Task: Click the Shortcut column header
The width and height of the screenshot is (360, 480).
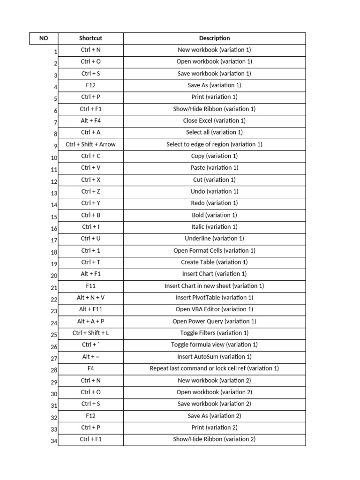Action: click(90, 38)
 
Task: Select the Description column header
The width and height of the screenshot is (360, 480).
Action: click(214, 38)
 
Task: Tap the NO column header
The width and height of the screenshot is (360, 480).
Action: click(44, 38)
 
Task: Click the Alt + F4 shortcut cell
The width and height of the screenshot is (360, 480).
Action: click(90, 120)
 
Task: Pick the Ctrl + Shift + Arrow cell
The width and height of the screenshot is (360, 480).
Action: click(90, 144)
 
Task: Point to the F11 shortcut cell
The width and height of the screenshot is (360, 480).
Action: click(90, 285)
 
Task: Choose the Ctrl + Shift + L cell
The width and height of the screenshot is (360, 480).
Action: click(90, 333)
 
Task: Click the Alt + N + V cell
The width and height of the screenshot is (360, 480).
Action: click(90, 297)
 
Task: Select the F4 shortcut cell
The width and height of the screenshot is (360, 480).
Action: click(90, 368)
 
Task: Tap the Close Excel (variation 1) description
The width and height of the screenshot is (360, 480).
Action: click(214, 120)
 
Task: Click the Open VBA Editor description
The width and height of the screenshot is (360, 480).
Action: click(214, 309)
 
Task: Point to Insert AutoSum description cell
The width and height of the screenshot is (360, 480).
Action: click(214, 356)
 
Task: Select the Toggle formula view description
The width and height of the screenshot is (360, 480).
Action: click(214, 345)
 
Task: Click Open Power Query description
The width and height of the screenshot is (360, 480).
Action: click(214, 321)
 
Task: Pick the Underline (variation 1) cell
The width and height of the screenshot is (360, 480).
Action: click(214, 238)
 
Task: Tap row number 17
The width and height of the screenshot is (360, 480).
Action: click(54, 240)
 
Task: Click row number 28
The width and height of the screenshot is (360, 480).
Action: click(54, 370)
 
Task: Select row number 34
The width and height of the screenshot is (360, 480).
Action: click(54, 441)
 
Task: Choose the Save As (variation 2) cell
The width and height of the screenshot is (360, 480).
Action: click(214, 415)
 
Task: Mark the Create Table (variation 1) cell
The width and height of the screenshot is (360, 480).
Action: click(214, 262)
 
